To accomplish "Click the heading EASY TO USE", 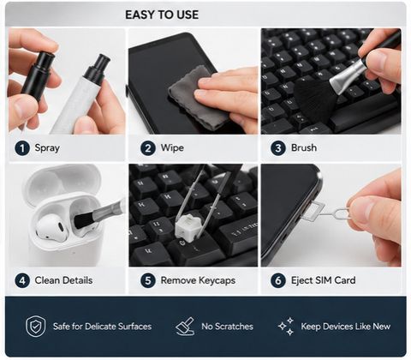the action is (x=162, y=15).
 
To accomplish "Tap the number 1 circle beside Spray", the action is (x=22, y=148).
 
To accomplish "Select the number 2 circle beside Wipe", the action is (x=148, y=148).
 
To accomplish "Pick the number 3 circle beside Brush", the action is (x=278, y=148).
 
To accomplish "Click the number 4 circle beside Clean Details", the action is (x=22, y=280).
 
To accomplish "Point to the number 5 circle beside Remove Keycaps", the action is (x=148, y=280).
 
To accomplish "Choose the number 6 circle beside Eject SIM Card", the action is (x=278, y=280).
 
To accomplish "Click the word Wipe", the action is (x=172, y=148).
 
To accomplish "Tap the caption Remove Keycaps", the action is (x=198, y=280).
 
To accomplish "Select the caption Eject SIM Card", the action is (x=324, y=280).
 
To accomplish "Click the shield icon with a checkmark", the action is (x=36, y=327).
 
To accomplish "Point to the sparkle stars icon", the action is (x=286, y=327).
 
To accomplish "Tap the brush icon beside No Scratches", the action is (x=185, y=326).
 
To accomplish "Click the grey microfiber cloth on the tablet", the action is (x=197, y=97).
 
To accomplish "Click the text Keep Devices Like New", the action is (x=346, y=327).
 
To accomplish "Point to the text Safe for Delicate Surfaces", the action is (x=102, y=327).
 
